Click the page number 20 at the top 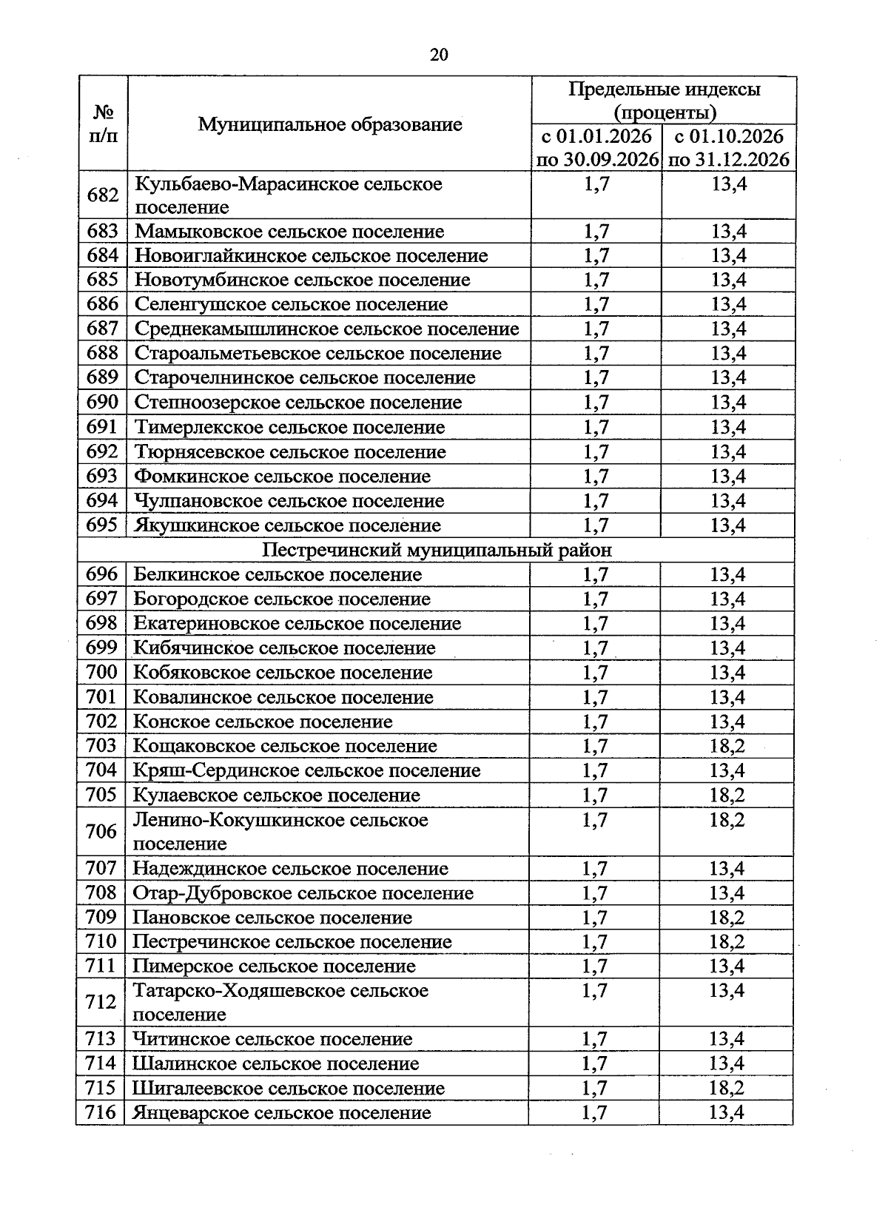(x=438, y=55)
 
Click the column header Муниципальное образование (x=329, y=124)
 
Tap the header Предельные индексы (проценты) (x=664, y=101)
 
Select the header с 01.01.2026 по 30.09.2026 (x=596, y=148)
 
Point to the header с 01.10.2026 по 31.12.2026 (x=728, y=148)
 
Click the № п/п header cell (x=103, y=124)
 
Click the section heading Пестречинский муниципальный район (x=437, y=550)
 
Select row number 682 (x=103, y=195)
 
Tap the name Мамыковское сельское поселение (x=289, y=232)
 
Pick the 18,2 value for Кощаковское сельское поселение (x=727, y=746)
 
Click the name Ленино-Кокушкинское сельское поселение (x=280, y=831)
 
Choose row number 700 (x=101, y=672)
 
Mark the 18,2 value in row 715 (x=727, y=1088)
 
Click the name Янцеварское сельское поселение (x=281, y=1112)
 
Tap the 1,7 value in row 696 (x=595, y=574)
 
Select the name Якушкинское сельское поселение (x=287, y=525)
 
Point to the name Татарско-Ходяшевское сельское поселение (x=280, y=1001)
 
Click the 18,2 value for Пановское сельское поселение (x=727, y=918)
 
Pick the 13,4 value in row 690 (x=728, y=403)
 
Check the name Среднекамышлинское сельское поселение (x=326, y=329)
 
